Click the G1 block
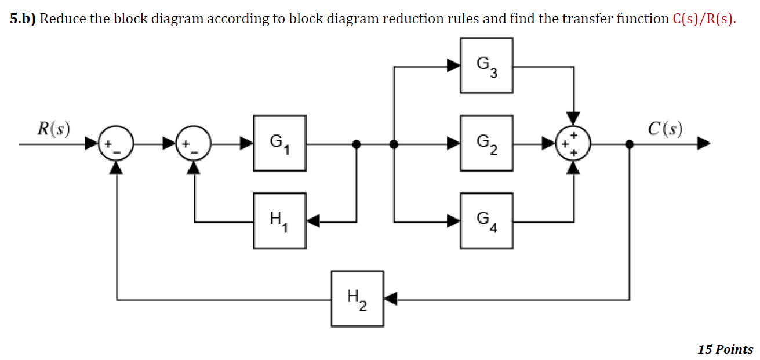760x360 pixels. click(x=279, y=143)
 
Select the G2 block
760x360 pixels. click(x=486, y=143)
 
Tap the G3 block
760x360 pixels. click(x=486, y=66)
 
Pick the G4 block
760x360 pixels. click(x=486, y=221)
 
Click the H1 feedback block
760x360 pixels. click(x=279, y=221)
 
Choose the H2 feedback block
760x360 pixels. click(x=357, y=299)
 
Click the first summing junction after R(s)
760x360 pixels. click(x=117, y=144)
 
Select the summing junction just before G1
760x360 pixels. click(x=194, y=144)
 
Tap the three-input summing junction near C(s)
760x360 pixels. click(x=573, y=144)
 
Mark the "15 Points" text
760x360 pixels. click(x=725, y=349)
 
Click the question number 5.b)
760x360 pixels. click(x=23, y=19)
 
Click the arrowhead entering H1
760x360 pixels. click(x=313, y=221)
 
